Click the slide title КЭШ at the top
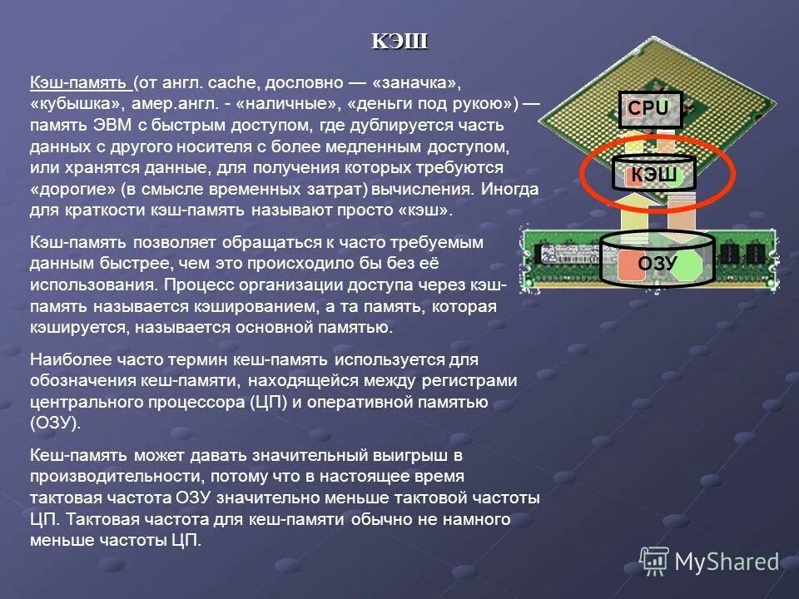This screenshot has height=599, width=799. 399,41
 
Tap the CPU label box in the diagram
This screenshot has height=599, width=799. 648,108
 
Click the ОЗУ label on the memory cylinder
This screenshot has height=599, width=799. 658,264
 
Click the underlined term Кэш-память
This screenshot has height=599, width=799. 79,84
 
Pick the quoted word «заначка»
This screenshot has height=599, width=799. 416,84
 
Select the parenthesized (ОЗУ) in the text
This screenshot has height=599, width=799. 56,423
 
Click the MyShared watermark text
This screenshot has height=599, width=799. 727,562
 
